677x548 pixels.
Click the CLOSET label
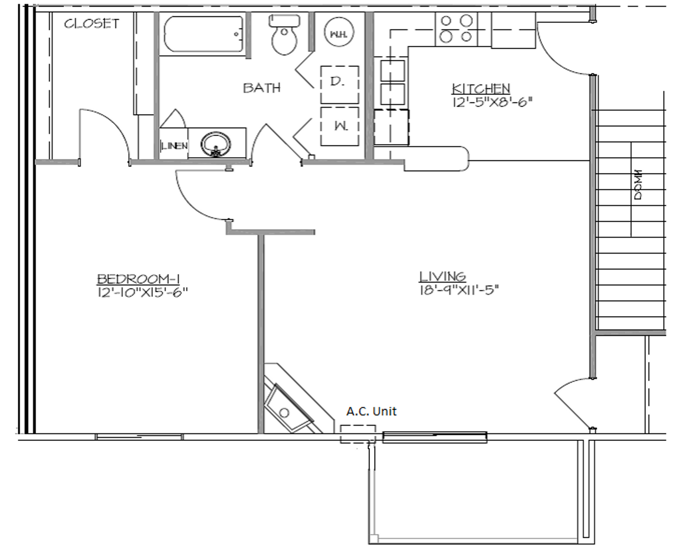click(92, 23)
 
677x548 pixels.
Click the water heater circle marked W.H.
click(338, 34)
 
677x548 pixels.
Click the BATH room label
click(262, 88)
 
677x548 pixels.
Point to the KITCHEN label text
click(481, 88)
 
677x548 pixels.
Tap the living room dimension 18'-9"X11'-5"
click(459, 290)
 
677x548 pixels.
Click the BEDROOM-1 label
click(139, 279)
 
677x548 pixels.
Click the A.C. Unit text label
click(371, 411)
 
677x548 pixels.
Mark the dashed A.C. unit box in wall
click(358, 434)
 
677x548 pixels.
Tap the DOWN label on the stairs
click(638, 185)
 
